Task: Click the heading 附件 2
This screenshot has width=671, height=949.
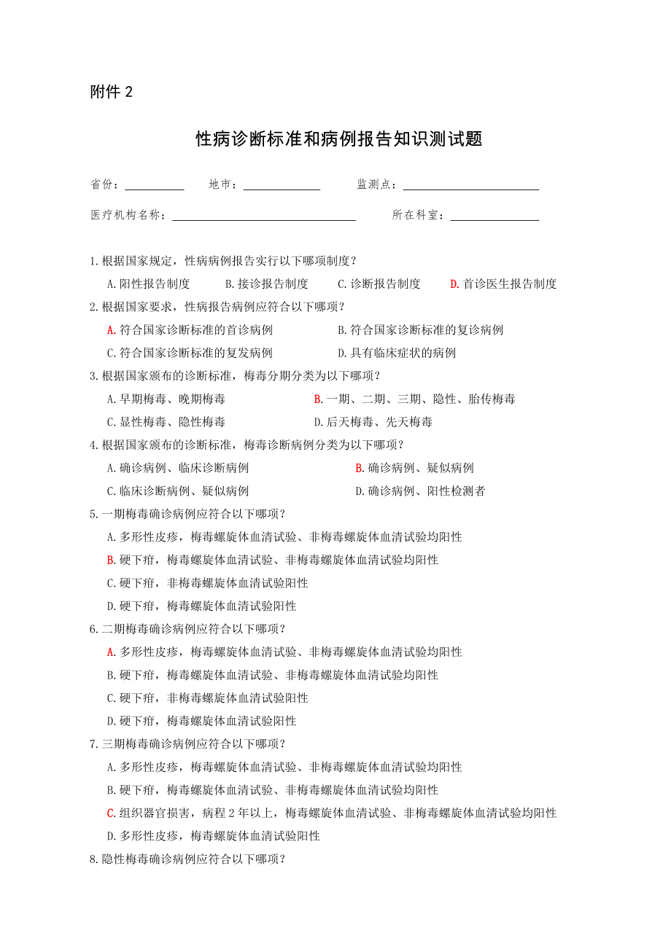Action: (x=112, y=92)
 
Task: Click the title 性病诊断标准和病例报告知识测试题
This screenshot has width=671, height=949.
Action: (x=339, y=138)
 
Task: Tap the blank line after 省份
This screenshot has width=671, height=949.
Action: (x=154, y=186)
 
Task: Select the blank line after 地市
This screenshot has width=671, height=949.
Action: (x=282, y=186)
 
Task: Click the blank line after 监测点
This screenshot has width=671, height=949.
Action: (x=470, y=186)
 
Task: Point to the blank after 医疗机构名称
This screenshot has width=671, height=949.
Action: (x=264, y=216)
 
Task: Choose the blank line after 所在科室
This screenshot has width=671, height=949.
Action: (x=494, y=216)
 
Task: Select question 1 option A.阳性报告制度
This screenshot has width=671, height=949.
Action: (x=148, y=284)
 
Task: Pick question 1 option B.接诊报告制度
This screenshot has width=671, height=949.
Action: (x=266, y=284)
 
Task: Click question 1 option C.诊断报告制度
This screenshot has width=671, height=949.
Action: (x=379, y=284)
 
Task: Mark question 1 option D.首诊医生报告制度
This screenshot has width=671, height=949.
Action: (x=503, y=284)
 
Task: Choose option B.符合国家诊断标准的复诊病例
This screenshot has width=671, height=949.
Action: (x=420, y=330)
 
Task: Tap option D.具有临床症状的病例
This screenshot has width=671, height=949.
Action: (x=397, y=354)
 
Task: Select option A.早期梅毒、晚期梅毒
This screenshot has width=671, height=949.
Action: (x=166, y=399)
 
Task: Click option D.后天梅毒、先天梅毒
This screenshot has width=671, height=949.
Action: (x=373, y=422)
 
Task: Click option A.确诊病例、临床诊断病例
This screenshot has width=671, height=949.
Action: (x=177, y=468)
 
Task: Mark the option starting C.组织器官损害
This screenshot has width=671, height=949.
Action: (x=331, y=813)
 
